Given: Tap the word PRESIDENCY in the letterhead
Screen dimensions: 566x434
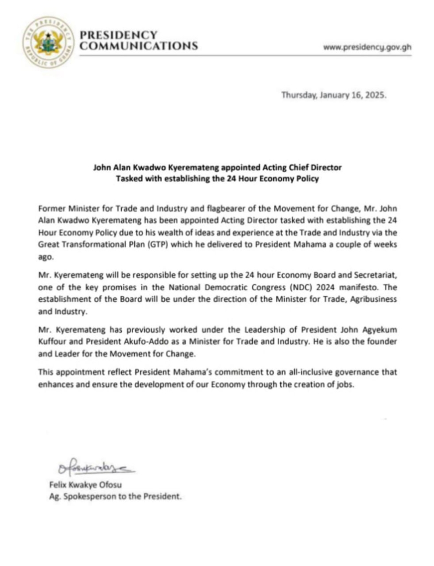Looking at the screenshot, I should (x=119, y=35).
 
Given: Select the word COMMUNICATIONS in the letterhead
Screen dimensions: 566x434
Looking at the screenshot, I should (x=139, y=46).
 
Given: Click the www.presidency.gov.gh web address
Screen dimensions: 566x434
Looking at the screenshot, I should (x=367, y=47).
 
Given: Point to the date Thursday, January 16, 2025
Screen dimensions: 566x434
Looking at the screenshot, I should (x=334, y=95).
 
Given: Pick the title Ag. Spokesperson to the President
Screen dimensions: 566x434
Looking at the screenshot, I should (x=115, y=497).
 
